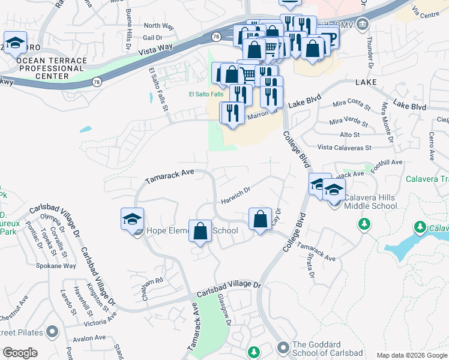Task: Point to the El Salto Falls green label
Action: pyautogui.click(x=206, y=94)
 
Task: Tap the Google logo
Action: pyautogui.click(x=20, y=353)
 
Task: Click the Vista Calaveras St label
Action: pyautogui.click(x=345, y=147)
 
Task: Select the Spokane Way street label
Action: pyautogui.click(x=56, y=266)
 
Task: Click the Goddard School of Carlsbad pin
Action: pyautogui.click(x=283, y=347)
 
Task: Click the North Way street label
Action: pyautogui.click(x=158, y=26)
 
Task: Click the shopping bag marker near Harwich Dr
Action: pyautogui.click(x=260, y=219)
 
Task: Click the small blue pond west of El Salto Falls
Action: pyautogui.click(x=85, y=129)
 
